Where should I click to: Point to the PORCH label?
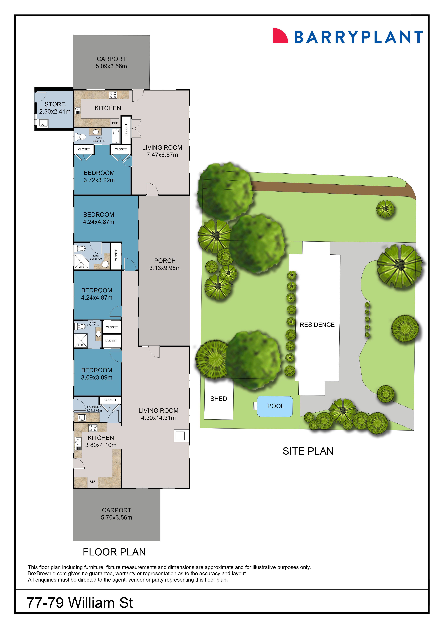click(165, 261)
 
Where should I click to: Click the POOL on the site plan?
click(275, 406)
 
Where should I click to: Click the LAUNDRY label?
click(94, 407)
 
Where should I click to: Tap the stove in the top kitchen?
click(113, 95)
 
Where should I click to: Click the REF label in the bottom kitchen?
click(92, 482)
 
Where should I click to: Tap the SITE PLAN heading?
click(308, 451)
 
